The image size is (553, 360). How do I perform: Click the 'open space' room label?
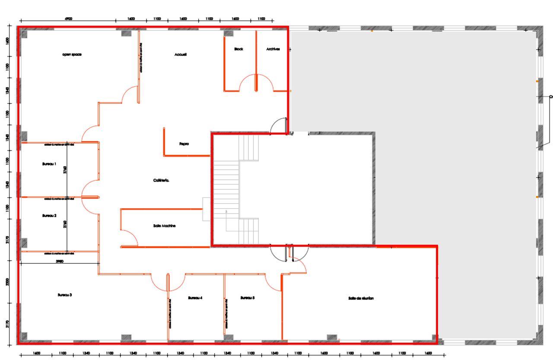click(72, 54)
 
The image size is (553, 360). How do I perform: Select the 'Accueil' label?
click(181, 54)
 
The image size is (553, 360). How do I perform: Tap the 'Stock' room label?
click(238, 49)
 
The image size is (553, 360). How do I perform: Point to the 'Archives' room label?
click(273, 49)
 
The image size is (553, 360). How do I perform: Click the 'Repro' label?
click(184, 144)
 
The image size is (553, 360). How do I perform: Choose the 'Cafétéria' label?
click(161, 181)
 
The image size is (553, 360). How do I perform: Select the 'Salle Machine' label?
click(164, 226)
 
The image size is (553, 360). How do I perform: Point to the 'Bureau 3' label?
click(64, 295)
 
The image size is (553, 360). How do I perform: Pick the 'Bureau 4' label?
click(195, 298)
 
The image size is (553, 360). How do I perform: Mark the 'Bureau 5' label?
click(248, 298)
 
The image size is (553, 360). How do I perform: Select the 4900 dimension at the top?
click(68, 19)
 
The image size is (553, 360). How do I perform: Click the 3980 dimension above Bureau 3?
click(60, 261)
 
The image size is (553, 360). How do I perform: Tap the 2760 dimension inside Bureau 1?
click(65, 171)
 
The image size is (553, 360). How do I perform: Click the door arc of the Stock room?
click(248, 82)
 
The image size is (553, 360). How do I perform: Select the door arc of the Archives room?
click(265, 82)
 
